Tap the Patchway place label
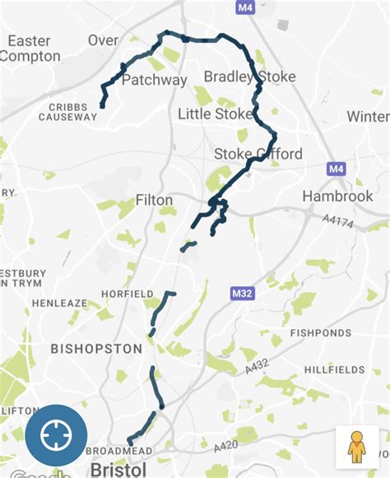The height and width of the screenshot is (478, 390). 154,81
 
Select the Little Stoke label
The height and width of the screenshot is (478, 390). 215,114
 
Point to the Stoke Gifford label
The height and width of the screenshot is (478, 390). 258,154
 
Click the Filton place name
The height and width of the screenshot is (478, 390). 155,200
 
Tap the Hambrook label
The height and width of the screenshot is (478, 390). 337,196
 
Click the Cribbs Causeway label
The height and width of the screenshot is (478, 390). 67,112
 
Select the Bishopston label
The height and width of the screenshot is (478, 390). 96,349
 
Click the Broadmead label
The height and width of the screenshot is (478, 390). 122,452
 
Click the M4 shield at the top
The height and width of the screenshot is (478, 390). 243,7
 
